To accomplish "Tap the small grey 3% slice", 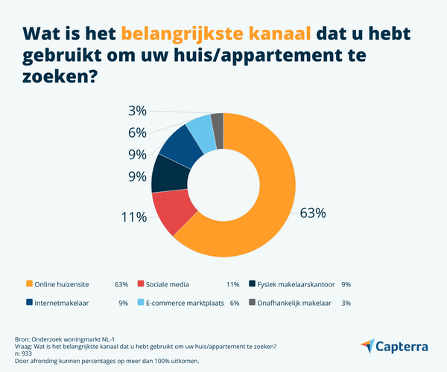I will [x=218, y=121].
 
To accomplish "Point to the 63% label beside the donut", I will [x=312, y=214].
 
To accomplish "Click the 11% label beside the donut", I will [x=133, y=217].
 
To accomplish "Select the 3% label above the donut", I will [x=136, y=112].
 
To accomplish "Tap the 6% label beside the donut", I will [x=136, y=133].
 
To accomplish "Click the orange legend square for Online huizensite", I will [x=29, y=283].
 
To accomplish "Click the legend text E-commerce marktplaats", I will [x=182, y=303].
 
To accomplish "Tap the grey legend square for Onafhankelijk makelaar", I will [x=253, y=303].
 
